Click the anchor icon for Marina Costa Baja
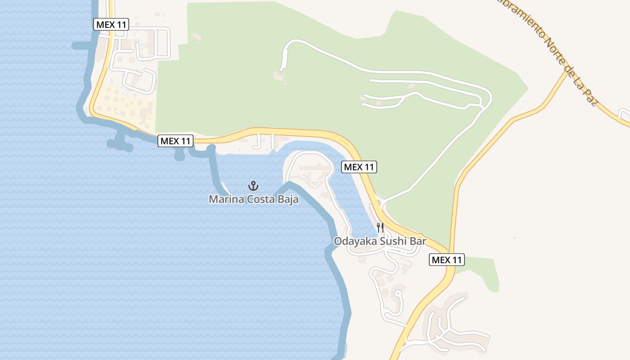click(x=253, y=185)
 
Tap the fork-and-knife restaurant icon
click(x=380, y=227)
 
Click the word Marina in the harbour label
click(x=226, y=199)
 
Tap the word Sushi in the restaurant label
click(x=394, y=241)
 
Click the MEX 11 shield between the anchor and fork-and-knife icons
click(x=359, y=167)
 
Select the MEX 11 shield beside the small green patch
click(x=446, y=260)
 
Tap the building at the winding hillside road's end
click(x=278, y=77)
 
